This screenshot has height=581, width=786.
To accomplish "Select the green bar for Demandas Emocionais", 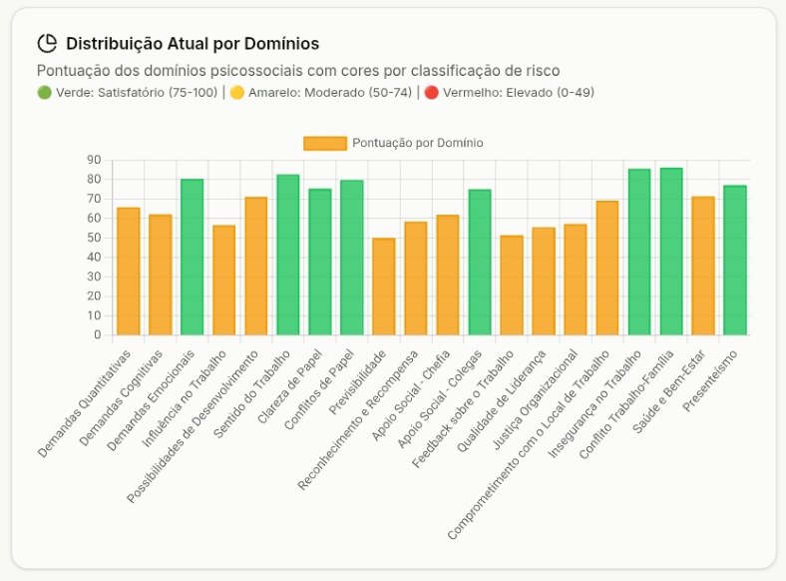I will tap(192, 258).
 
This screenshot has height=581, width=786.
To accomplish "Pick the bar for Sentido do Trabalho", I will tap(287, 255).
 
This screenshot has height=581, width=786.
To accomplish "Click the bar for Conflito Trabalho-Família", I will tap(671, 252).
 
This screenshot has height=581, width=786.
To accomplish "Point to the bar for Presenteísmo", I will tap(735, 261).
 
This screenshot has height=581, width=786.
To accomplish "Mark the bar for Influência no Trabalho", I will tap(223, 281).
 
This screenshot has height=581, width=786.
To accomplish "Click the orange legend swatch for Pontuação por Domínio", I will tap(325, 143).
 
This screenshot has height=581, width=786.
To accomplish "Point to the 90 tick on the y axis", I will tap(95, 160).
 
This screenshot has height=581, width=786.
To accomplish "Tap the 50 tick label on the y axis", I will tap(95, 238).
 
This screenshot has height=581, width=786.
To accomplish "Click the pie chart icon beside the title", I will tap(47, 43).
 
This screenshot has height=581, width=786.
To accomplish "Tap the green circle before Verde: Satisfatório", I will tap(44, 93).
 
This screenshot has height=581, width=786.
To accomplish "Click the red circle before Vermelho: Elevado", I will tap(431, 93).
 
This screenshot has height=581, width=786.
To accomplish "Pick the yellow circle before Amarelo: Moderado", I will tap(236, 93).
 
